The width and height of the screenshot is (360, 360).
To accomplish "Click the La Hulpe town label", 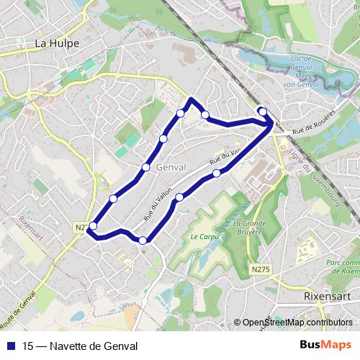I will (57, 43).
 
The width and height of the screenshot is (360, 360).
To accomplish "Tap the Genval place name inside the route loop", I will (171, 166).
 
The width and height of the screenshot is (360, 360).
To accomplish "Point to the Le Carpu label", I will (204, 236).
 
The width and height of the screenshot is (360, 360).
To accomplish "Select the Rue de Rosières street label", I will (314, 124).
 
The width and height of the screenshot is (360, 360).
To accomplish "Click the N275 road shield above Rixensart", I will (261, 269).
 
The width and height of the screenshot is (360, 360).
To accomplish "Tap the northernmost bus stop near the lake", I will (262, 111).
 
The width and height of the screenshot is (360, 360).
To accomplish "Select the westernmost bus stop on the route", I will (92, 226).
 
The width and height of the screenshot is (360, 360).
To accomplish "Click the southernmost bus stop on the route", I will (143, 240).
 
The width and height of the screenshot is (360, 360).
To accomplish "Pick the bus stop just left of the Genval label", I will (146, 167).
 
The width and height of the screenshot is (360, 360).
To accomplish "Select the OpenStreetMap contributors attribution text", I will (297, 323).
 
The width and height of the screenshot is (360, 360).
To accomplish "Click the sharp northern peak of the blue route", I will (191, 99).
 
